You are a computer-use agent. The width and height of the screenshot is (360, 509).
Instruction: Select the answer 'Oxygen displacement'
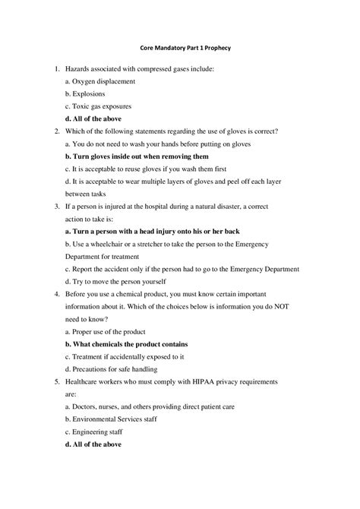point(103,81)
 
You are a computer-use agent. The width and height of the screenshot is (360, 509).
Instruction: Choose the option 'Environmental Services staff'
point(114,419)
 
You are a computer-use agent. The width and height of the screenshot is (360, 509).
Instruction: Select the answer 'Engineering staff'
point(97,431)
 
